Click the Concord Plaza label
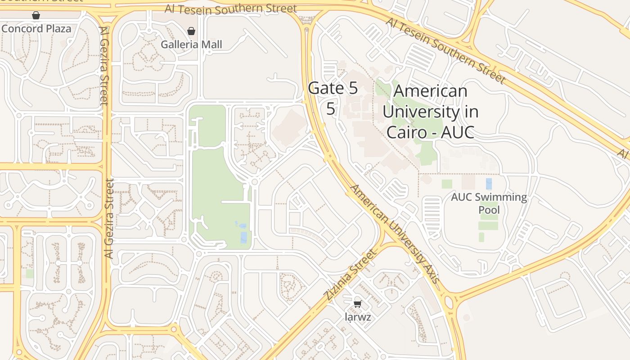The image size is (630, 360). point(36,29)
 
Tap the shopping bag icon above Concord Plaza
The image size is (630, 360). point(36,16)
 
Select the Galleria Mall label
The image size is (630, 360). point(191,45)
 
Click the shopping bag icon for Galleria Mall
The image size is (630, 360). point(191,31)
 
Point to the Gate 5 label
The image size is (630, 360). point(333,88)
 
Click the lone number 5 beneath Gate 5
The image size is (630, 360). point(331,108)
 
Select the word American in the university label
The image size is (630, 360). point(431,91)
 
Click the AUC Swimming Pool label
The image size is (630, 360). point(489,203)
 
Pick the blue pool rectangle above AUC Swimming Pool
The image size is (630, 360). point(489,184)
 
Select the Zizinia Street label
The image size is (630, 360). point(350,275)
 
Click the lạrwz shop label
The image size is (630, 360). point(358,317)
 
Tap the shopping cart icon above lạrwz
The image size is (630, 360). point(358,304)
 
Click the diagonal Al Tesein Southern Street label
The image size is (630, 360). point(445,50)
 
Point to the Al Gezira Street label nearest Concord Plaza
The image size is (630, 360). point(104,66)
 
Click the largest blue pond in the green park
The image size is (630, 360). point(243,237)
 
